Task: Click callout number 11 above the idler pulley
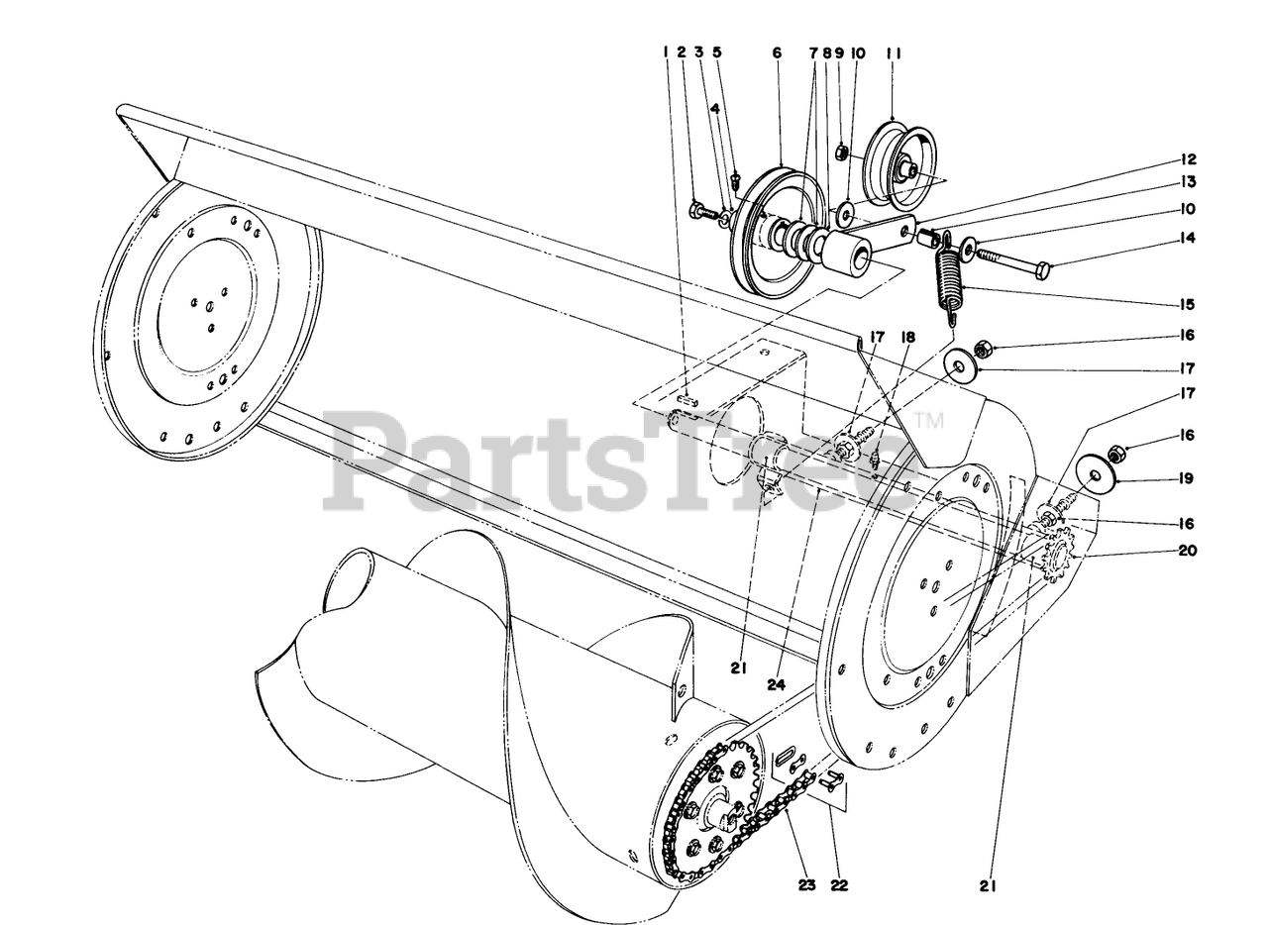(x=894, y=53)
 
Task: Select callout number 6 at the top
(x=777, y=52)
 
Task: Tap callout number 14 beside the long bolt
(x=1189, y=239)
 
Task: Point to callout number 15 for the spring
(x=1188, y=304)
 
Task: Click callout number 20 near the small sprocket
(x=1188, y=550)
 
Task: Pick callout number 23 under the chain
(x=806, y=884)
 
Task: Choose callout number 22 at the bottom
(x=839, y=884)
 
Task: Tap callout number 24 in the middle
(x=777, y=684)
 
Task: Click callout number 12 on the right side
(x=1188, y=159)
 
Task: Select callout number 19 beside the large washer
(x=1186, y=478)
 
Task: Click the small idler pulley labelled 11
(x=901, y=164)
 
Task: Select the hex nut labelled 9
(x=842, y=152)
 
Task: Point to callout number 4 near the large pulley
(x=714, y=108)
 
